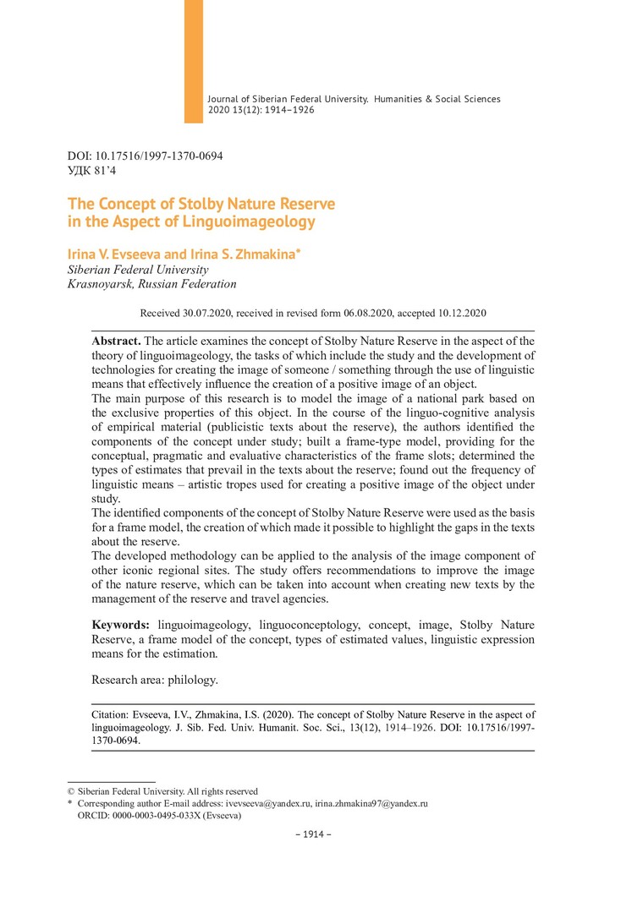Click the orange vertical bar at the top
pos(194,61)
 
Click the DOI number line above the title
pos(145,156)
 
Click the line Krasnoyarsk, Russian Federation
pos(151,284)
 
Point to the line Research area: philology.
pos(155,679)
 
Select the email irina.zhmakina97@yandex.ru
pos(371,803)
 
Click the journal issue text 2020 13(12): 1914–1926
pos(261,110)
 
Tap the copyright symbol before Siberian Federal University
pos(71,791)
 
